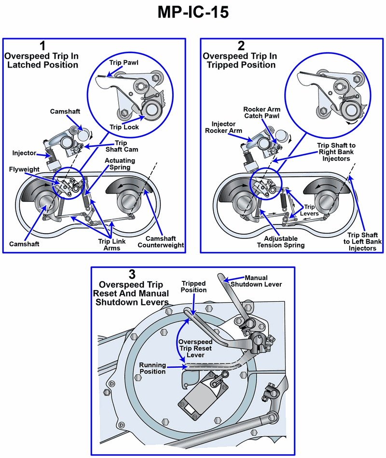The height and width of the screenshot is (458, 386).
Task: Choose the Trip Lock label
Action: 124,127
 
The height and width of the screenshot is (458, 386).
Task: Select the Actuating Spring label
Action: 120,164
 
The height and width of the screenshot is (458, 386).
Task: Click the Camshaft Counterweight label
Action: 161,241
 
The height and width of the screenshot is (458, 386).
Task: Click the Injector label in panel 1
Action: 24,153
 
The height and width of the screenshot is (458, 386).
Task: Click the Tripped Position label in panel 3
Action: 194,287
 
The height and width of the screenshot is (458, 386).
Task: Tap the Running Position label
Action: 152,368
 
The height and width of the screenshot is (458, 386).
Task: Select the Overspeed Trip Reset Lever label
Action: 196,348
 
